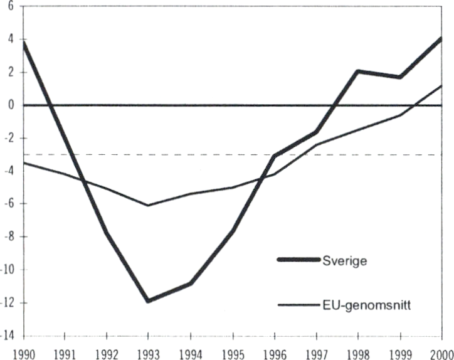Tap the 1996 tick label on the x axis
[x=275, y=351]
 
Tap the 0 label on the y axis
[x=11, y=105]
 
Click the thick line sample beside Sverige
[x=298, y=260]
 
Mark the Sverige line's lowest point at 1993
[x=149, y=300]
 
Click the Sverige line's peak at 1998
[x=357, y=71]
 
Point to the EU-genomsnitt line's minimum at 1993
[x=149, y=205]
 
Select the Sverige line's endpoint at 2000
[x=441, y=39]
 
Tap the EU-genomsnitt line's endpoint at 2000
[x=441, y=85]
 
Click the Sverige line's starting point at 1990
[x=24, y=43]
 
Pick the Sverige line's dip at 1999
[x=399, y=77]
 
